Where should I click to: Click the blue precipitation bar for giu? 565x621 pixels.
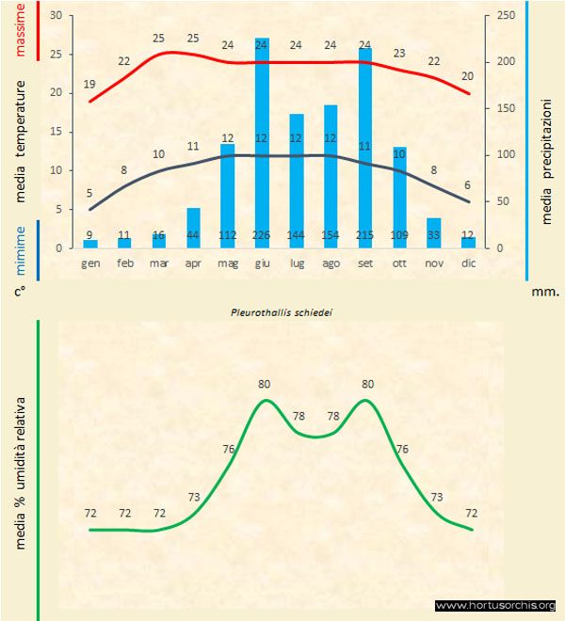[x=262, y=141]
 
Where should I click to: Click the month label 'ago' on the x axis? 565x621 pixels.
[x=331, y=264]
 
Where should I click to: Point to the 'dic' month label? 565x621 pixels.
[x=468, y=264]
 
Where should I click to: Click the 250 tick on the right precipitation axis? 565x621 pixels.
[x=505, y=16]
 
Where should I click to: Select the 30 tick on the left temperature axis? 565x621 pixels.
[x=56, y=16]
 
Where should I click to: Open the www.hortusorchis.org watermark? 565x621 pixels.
[x=495, y=605]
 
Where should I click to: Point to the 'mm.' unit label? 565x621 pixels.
[x=545, y=292]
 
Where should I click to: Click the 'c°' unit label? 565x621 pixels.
[x=20, y=292]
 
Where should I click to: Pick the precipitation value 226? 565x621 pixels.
[x=262, y=235]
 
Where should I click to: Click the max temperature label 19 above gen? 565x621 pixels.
[x=89, y=85]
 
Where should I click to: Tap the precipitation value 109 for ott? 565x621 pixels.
[x=399, y=235]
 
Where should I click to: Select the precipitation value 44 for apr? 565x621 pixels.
[x=193, y=235]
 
